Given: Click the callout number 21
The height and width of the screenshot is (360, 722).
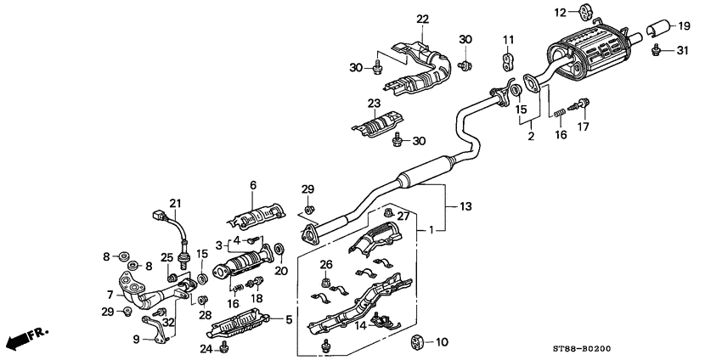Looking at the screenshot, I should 176,202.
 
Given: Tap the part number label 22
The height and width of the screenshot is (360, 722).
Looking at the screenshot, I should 423,19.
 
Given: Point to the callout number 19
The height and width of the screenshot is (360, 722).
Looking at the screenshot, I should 685,26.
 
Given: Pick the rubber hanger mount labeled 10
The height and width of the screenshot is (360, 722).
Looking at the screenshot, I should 416,342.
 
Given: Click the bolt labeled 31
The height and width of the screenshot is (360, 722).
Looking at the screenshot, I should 657,52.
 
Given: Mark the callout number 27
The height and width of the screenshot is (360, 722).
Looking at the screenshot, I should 405,217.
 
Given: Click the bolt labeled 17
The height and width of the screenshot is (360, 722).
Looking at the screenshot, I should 583,106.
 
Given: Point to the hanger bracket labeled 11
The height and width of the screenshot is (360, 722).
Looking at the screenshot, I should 510,62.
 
